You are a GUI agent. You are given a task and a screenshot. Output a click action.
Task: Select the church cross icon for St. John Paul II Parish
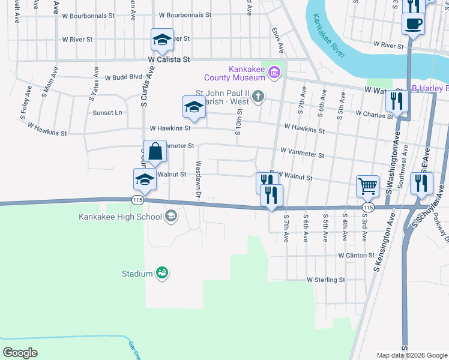[258, 97]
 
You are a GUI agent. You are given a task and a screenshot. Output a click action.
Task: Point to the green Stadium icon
[161, 274]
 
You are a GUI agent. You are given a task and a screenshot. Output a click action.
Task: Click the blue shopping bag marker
[155, 151]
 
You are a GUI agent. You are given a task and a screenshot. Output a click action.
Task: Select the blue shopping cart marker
[367, 185]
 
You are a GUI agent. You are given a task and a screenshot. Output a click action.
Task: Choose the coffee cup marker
[412, 24]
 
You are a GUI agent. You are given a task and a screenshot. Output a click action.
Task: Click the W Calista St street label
[169, 60]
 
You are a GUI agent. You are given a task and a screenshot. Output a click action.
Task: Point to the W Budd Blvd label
[123, 77]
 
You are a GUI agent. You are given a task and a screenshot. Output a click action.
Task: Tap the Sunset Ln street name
[107, 112]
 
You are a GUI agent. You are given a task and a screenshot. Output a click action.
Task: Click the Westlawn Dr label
[197, 176]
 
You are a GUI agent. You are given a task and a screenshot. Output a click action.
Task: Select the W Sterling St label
[325, 280]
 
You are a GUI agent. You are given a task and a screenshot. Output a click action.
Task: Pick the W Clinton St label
[357, 255]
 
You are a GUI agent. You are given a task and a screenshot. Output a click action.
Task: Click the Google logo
[20, 353]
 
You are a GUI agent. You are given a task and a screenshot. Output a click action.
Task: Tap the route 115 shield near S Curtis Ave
[138, 200]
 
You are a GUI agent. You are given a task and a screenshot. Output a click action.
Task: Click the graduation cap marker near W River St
[161, 40]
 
